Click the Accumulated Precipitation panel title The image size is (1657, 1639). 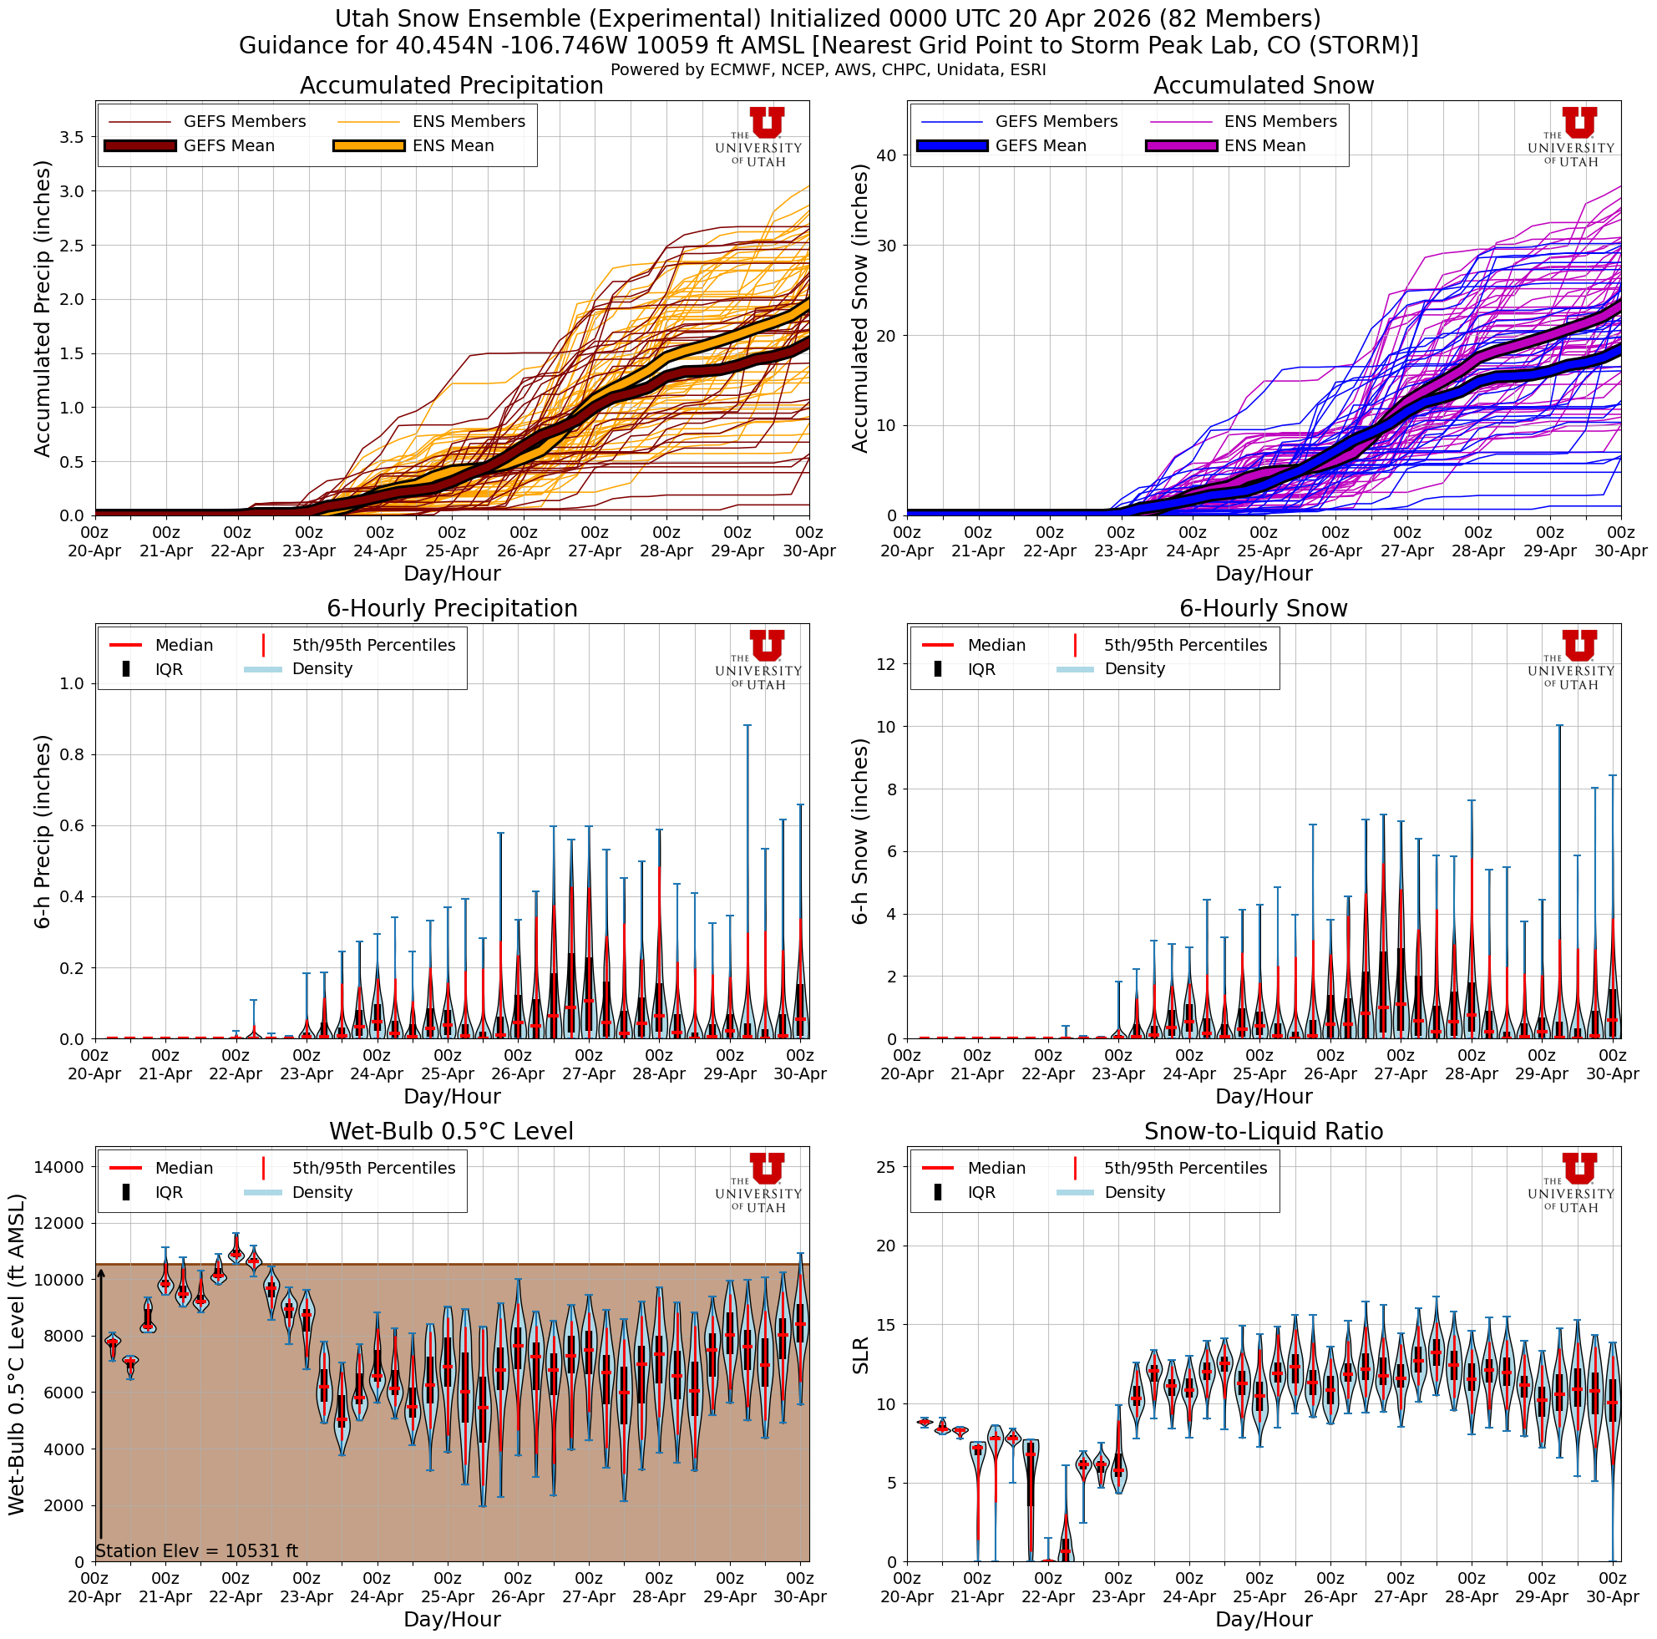click(451, 86)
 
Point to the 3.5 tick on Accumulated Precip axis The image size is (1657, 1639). click(73, 137)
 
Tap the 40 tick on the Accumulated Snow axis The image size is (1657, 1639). click(886, 155)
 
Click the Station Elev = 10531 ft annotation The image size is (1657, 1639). click(196, 1550)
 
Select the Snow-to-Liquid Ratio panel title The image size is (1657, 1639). click(1264, 1131)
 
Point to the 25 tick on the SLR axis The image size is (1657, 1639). click(886, 1166)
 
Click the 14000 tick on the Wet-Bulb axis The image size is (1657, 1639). click(59, 1166)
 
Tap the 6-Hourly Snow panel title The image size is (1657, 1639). click(1264, 609)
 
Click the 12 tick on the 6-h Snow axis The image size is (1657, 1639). click(886, 664)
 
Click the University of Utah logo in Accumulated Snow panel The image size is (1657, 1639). click(1570, 137)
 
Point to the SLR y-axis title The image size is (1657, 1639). click(861, 1355)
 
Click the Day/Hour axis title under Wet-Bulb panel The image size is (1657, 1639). click(451, 1619)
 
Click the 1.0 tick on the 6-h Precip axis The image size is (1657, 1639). click(73, 683)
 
